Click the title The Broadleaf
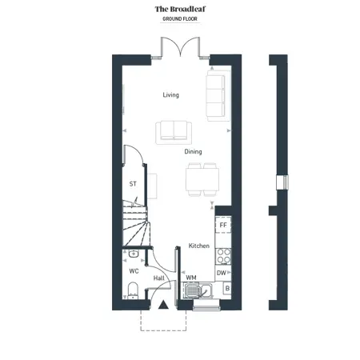click(180, 9)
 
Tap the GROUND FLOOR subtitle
click(180, 19)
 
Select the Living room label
click(171, 95)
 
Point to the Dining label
click(193, 152)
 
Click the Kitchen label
click(199, 246)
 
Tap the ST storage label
click(133, 184)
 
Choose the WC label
click(134, 271)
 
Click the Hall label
click(159, 278)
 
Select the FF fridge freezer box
click(223, 225)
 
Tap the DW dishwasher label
click(222, 273)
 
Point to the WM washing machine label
click(191, 278)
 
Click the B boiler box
click(227, 288)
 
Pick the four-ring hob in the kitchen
click(223, 256)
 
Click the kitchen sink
click(198, 290)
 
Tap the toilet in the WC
click(133, 291)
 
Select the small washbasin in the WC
click(134, 254)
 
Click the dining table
click(202, 179)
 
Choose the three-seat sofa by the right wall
click(215, 96)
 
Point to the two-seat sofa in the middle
click(174, 133)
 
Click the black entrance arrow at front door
click(163, 305)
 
